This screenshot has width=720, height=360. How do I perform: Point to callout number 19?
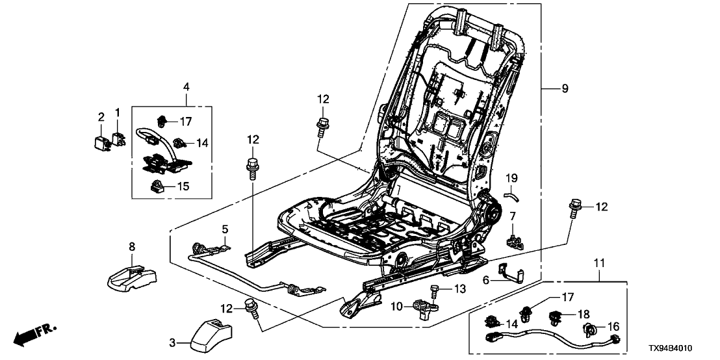[x=513, y=177]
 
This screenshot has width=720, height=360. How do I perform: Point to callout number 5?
[x=225, y=229]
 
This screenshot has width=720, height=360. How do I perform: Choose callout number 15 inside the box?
[x=184, y=186]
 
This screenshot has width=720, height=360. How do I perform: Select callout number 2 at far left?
[x=101, y=117]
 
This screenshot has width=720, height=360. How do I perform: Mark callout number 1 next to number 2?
[x=118, y=112]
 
